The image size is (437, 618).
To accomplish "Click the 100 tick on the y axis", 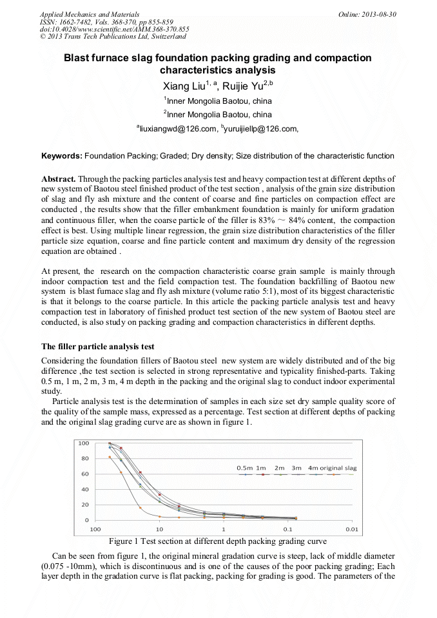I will point(84,443).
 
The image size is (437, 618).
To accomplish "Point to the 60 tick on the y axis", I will point(85,474).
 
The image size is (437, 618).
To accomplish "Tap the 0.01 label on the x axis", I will point(351,529).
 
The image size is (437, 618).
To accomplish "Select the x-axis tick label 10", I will point(159,529).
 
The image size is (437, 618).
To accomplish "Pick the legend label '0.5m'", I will point(244,467).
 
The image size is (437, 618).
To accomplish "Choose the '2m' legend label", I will point(279,467).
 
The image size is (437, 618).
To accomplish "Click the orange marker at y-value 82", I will point(110,457).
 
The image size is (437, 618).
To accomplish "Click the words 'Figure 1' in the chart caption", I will point(125,541).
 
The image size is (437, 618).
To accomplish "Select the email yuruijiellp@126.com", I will point(260,130).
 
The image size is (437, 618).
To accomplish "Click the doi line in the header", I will point(114,30).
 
